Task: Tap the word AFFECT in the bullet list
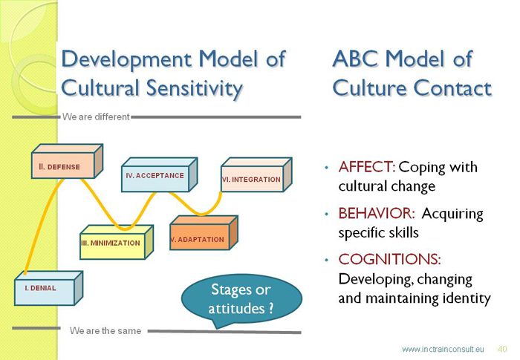[x=366, y=167]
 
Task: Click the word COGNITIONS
[x=390, y=259]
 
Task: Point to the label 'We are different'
[x=96, y=117]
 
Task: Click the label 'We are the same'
[x=105, y=330]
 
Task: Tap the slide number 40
[x=502, y=349]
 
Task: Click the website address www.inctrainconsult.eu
[x=443, y=349]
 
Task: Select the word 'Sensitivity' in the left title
[x=195, y=88]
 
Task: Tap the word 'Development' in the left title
[x=126, y=59]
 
